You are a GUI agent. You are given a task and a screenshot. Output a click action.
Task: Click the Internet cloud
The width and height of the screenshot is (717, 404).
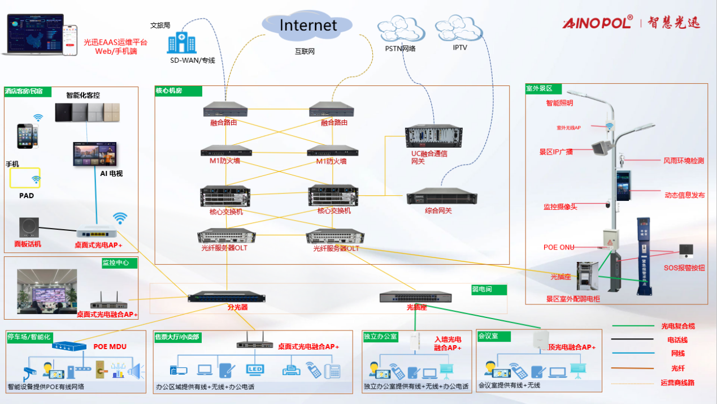click(x=307, y=25)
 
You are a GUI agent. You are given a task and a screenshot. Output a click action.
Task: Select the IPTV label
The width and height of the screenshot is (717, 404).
click(x=460, y=48)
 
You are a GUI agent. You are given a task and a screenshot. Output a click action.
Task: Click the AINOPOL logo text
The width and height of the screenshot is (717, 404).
click(x=598, y=23)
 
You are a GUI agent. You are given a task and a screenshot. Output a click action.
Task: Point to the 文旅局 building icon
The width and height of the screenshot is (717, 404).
click(x=181, y=43)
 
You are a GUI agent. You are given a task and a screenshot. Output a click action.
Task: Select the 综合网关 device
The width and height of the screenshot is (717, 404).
click(x=438, y=196)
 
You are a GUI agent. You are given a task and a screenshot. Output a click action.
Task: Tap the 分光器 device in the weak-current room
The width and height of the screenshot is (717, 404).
click(x=227, y=296)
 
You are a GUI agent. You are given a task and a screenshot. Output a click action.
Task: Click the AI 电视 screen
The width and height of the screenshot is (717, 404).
click(x=95, y=154)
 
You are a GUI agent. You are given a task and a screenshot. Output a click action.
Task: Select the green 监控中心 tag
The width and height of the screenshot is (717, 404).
click(x=119, y=263)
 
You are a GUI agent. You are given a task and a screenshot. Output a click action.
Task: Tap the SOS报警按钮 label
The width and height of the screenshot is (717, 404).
click(x=684, y=268)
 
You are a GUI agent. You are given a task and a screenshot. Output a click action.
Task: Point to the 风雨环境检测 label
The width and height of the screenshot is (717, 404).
click(x=684, y=161)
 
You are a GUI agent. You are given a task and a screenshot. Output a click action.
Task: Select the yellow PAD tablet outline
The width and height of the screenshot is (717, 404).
click(x=25, y=178)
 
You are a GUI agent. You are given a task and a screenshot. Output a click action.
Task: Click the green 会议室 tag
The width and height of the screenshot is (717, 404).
click(x=494, y=336)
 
